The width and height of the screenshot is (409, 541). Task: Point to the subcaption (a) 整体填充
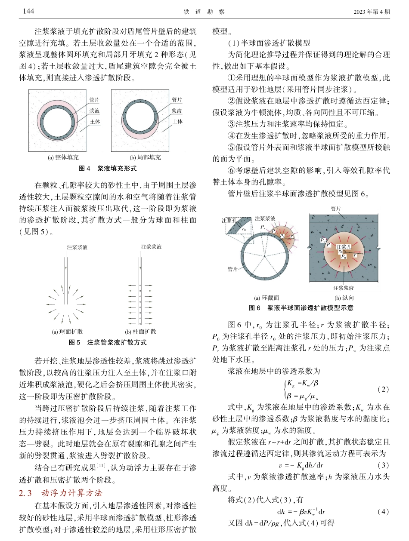pos(63,158)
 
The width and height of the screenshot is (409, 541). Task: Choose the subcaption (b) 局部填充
pos(146,158)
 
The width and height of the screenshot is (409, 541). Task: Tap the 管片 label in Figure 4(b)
pos(177,100)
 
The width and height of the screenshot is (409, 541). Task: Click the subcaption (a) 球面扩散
pos(68,332)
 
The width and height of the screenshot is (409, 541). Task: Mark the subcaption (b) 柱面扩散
pos(140,332)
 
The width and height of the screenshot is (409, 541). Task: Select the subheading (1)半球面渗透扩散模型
pos(266,43)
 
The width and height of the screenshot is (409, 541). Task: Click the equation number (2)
pos(383,389)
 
